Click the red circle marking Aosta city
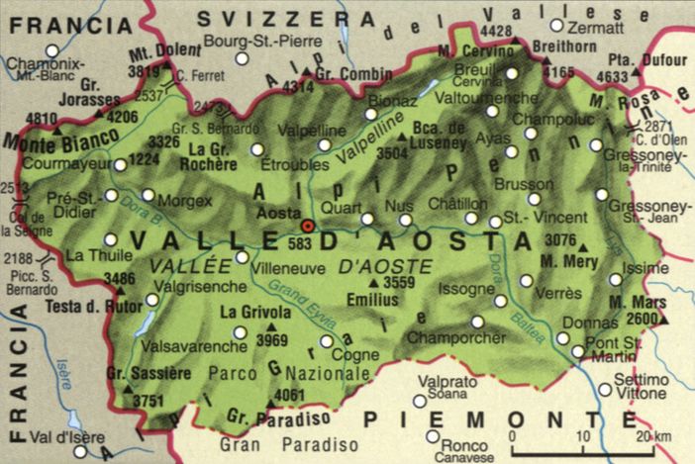307,226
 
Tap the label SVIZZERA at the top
267,18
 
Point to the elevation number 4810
41,119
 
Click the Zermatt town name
597,29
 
